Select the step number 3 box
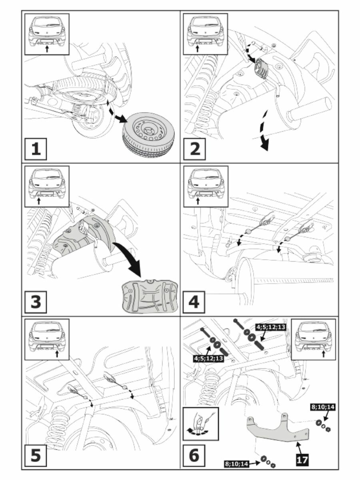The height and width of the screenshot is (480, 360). [36, 302]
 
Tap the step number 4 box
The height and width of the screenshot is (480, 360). [195, 302]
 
